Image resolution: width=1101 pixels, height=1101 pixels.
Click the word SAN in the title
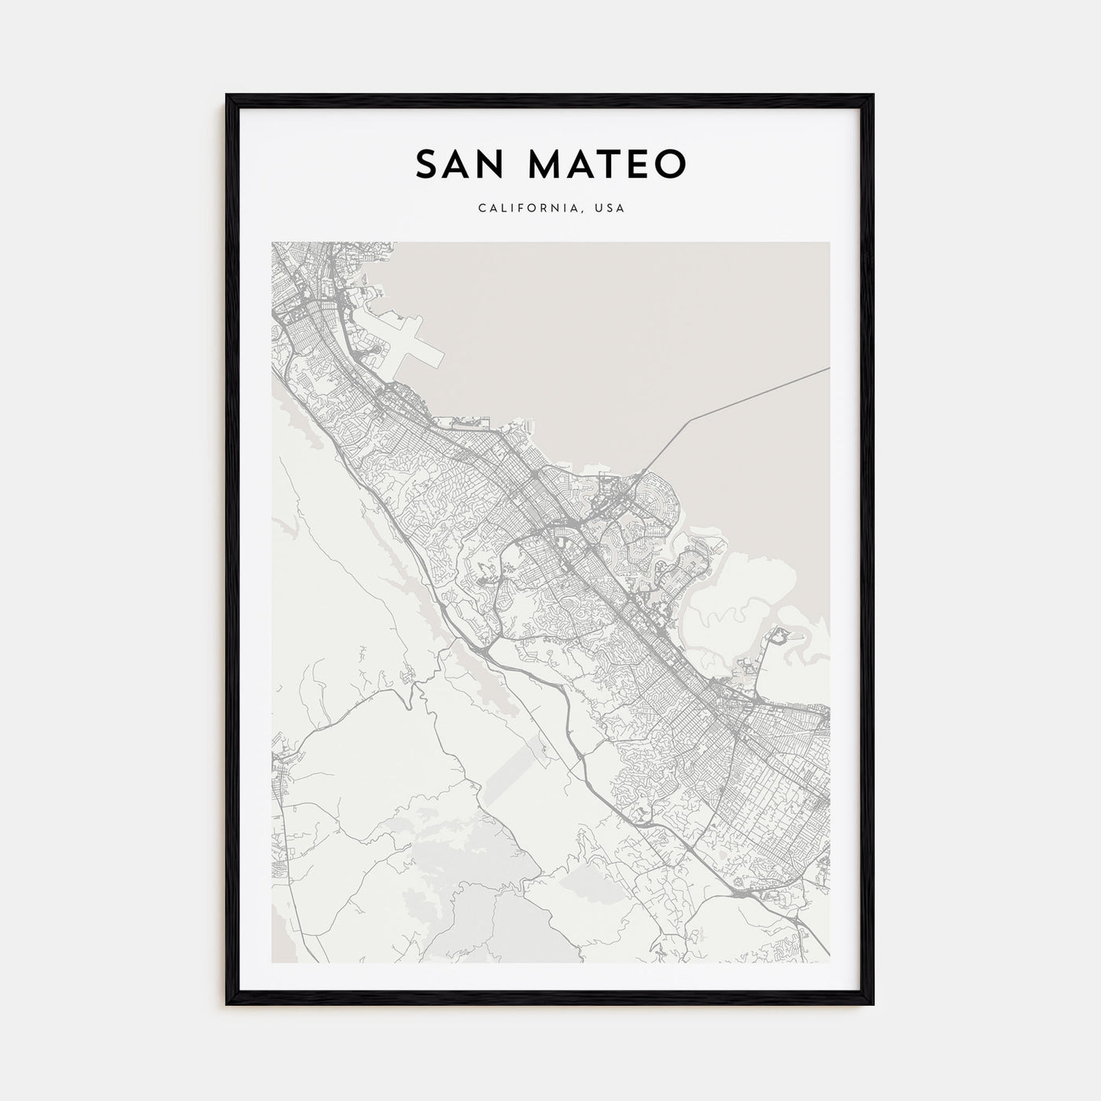point(461,164)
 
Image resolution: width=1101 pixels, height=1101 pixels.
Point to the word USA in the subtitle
point(609,209)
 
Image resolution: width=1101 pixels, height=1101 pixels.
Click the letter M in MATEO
point(545,164)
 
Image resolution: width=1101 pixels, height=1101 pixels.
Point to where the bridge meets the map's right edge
point(829,368)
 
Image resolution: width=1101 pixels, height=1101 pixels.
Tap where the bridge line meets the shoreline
point(646,470)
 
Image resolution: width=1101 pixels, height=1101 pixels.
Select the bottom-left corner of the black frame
point(228,1003)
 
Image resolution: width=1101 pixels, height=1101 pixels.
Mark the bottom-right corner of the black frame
point(872,1003)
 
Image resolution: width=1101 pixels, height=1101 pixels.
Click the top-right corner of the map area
point(829,242)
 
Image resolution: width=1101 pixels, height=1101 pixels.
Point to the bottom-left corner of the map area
point(272,962)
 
